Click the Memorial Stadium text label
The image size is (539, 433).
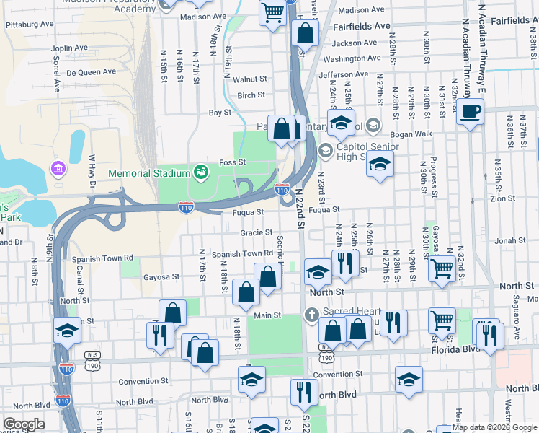coord(148,174)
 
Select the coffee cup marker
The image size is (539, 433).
coord(471,113)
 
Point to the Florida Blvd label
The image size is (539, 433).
coord(461,349)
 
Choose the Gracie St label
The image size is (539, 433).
coord(257,233)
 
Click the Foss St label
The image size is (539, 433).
coord(232,162)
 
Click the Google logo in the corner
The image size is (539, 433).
coord(24,424)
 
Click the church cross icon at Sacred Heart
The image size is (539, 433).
coord(311,314)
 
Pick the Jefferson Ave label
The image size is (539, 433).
coord(344,74)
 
